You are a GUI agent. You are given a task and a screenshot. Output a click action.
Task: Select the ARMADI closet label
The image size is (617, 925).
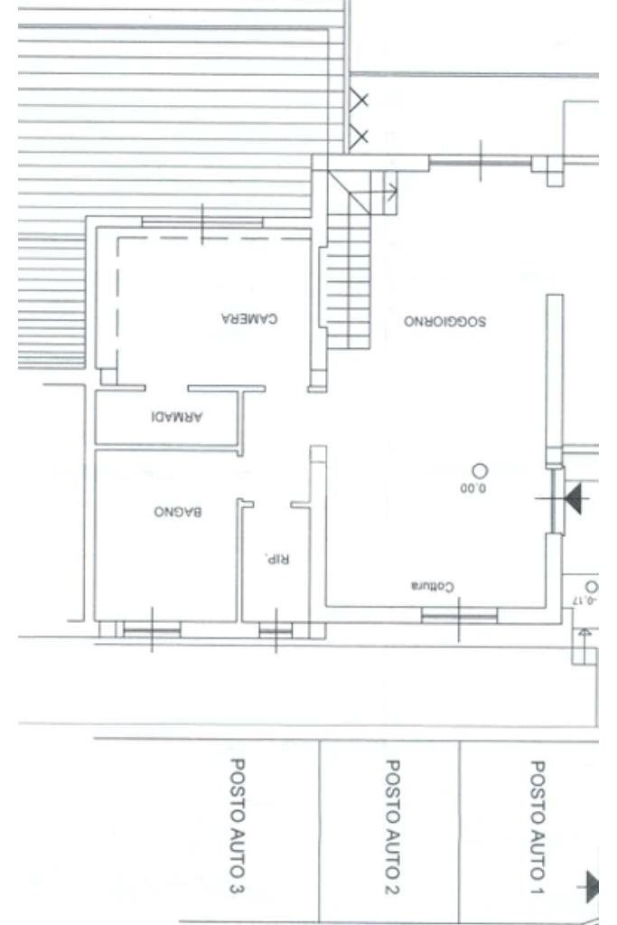coord(177,417)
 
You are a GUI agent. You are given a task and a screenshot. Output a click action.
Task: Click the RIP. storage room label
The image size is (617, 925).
coord(275,558)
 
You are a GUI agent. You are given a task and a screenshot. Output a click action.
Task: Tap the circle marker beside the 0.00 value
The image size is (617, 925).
coord(480,470)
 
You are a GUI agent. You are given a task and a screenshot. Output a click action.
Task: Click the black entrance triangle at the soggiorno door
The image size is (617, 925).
coord(573,497)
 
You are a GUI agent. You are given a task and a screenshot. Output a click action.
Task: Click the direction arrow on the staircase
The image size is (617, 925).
coord(391,191)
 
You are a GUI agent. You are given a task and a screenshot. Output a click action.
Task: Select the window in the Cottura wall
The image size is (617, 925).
coord(459,617)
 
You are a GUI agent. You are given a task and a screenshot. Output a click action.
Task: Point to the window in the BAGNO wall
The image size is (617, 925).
coord(151,629)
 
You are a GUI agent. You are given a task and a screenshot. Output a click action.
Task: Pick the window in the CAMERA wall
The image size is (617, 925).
coord(201,222)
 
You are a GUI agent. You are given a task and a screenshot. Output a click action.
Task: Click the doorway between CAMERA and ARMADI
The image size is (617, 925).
coord(165,389)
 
